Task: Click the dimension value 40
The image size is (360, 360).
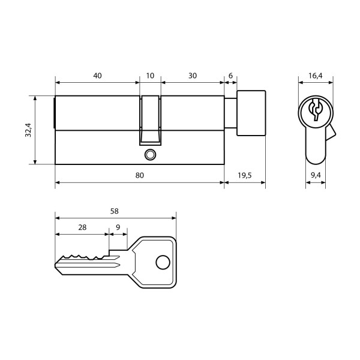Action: [x=97, y=76]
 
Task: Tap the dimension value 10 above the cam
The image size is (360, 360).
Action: [x=150, y=76]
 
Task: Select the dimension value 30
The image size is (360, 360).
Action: [x=192, y=76]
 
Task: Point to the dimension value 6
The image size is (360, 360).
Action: [x=230, y=76]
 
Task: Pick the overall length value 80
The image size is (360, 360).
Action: [x=139, y=176]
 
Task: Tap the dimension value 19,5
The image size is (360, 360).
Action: [x=245, y=176]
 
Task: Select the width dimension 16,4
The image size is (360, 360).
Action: [x=316, y=76]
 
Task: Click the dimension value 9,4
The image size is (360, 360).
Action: [x=316, y=176]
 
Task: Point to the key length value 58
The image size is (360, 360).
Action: [x=115, y=211]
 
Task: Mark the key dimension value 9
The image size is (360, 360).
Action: [x=118, y=227]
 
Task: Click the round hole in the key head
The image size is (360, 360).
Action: [x=161, y=262]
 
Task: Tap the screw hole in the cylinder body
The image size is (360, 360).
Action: [x=149, y=155]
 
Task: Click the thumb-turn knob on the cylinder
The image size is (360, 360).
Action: [x=251, y=113]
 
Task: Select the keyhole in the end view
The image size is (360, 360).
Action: [x=315, y=110]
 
